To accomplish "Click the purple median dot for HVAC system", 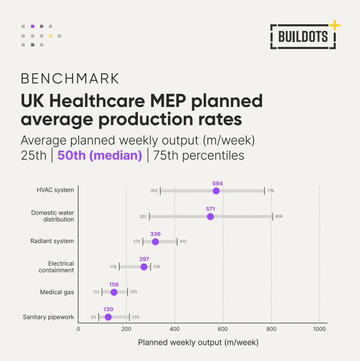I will point(216,191).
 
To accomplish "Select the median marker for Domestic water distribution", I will point(211,217).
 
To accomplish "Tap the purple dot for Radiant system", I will point(155,242).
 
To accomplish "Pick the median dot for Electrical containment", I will point(144,267).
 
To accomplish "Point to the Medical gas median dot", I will point(114,292).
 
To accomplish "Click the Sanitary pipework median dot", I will point(108,317).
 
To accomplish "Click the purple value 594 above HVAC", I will point(218,183).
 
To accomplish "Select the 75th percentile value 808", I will point(279,216).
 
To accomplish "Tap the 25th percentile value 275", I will point(137,241).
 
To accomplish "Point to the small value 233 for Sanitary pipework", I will point(135,317).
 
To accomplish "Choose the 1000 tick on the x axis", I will point(319,329).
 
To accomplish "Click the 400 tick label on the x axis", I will point(175,329).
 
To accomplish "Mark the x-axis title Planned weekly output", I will point(198,343).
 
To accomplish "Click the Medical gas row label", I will point(57,292).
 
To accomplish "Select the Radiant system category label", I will point(53,241).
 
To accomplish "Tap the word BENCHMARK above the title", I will point(70,79).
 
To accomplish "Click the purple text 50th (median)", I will point(100,156).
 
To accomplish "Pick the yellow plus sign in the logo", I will point(334,25).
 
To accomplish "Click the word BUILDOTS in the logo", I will point(303,36).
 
